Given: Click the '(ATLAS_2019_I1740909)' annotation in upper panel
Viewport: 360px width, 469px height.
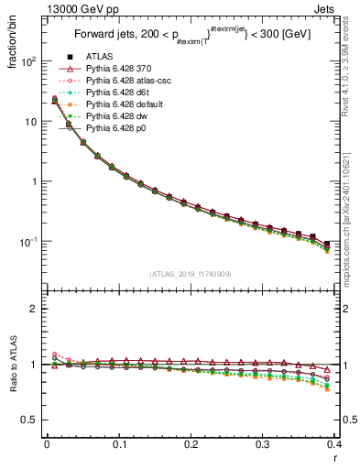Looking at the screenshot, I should click(x=191, y=274).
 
